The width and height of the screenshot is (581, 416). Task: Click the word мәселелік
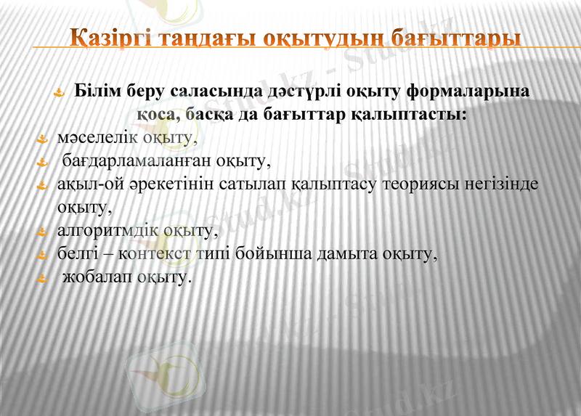pos(87,137)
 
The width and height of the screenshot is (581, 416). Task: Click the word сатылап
pos(259,184)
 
